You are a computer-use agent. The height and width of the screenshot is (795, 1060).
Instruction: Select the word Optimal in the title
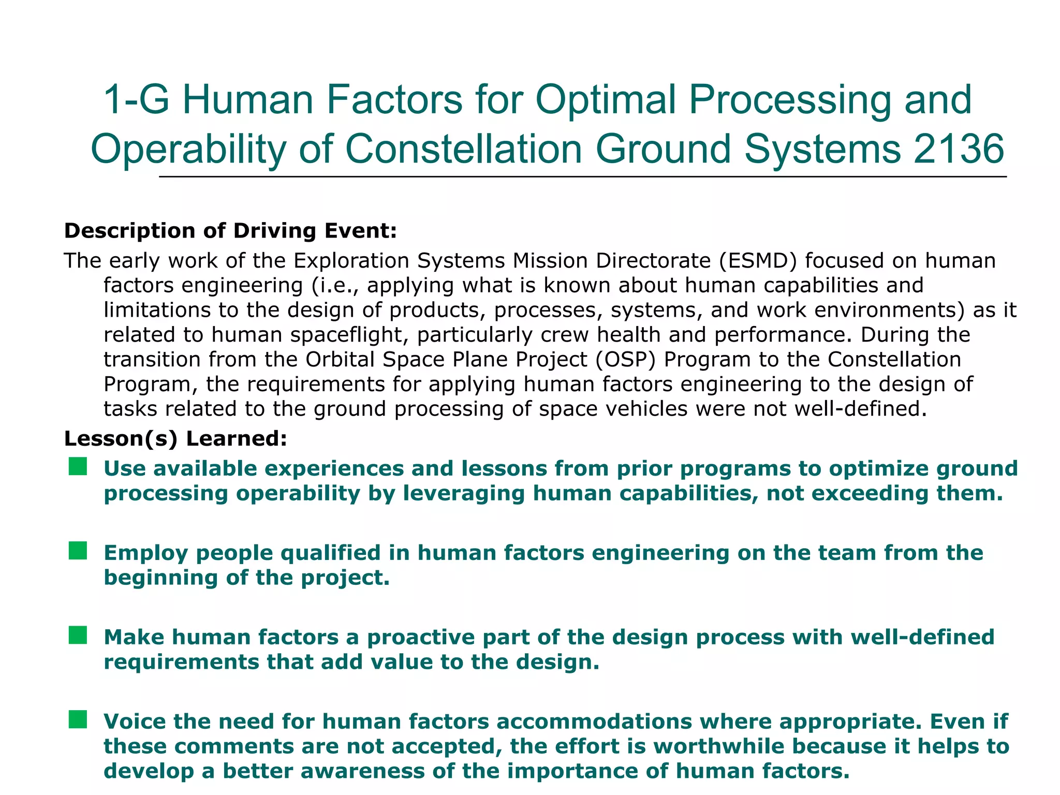606,99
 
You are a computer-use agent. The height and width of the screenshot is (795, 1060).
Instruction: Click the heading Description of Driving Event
230,231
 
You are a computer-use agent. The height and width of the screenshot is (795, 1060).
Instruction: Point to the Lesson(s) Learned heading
175,439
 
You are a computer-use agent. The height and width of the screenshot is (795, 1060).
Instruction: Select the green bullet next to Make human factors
78,635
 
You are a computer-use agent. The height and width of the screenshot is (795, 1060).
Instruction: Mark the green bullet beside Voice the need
78,719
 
